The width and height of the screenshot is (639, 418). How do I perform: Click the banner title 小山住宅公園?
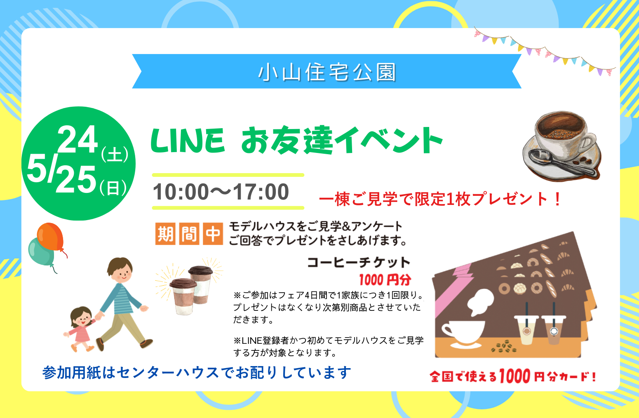327,72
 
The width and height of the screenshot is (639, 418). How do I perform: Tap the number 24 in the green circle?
78,139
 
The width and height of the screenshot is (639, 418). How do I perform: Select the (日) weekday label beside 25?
113,188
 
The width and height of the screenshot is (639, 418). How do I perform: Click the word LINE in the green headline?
188,141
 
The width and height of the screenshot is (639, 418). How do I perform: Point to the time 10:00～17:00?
221,191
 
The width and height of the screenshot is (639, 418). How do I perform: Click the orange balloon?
50,237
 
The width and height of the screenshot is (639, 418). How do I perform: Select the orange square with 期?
165,234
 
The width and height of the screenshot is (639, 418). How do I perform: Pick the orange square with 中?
213,234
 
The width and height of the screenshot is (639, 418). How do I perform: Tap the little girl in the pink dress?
80,329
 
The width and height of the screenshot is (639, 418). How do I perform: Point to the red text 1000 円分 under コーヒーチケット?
385,279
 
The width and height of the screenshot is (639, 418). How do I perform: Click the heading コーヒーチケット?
359,262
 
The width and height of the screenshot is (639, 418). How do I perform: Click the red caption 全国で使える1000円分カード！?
513,376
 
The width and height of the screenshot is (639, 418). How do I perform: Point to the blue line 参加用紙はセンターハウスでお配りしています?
197,372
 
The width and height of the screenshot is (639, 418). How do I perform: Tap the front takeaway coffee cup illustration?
183,297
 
